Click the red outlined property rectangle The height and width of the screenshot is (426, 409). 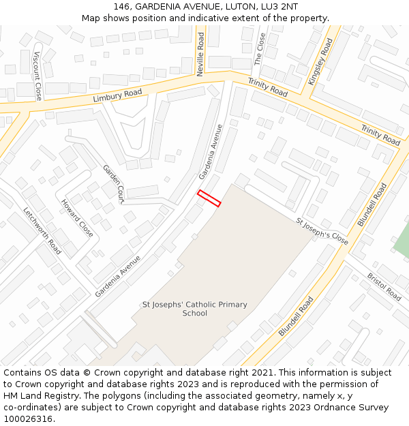209,198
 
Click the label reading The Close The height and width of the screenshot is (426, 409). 259,49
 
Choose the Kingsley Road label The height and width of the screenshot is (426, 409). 320,61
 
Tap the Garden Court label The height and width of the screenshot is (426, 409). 113,184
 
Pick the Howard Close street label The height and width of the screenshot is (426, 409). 77,218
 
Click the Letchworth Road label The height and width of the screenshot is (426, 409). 42,230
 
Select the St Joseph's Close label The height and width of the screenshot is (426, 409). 322,232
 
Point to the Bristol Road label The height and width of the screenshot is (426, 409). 384,287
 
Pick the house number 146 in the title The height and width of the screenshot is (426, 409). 121,7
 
